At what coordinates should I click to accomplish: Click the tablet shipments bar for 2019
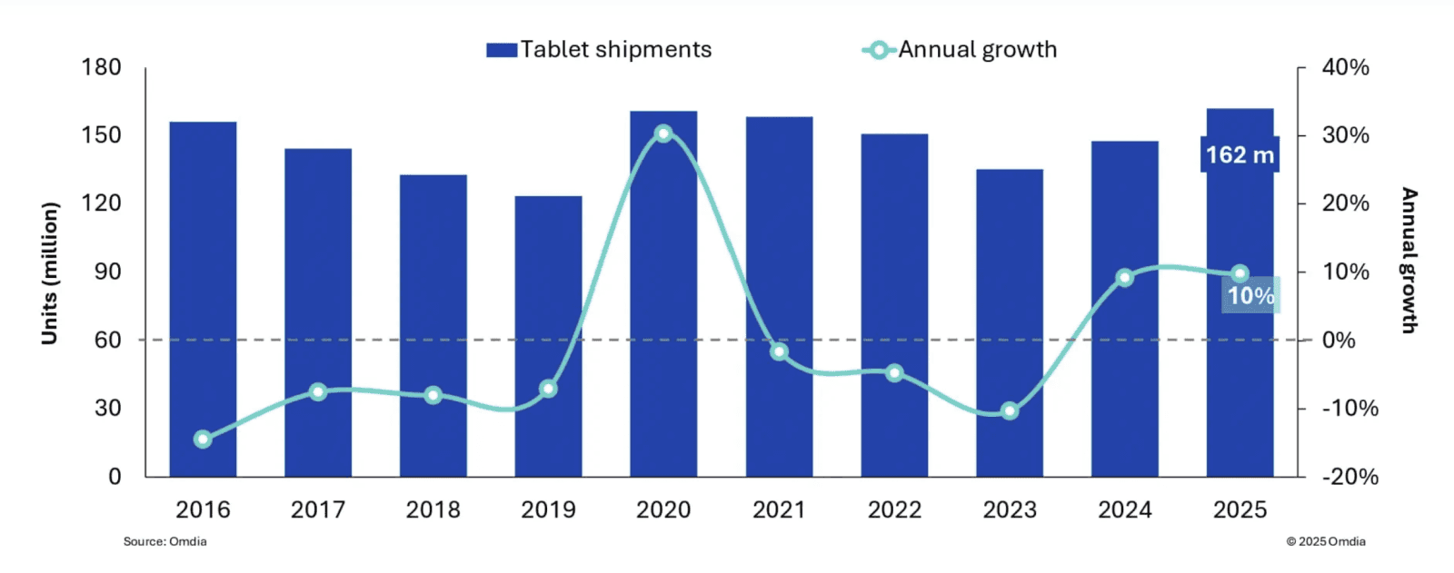[548, 336]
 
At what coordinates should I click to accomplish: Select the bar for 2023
[1010, 322]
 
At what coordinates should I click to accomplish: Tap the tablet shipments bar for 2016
[203, 299]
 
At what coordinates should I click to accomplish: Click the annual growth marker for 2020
[663, 133]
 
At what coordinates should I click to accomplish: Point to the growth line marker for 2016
[203, 440]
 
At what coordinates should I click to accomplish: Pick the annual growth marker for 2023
[1010, 411]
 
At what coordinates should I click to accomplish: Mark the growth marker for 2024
[1125, 278]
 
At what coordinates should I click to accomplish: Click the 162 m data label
[1240, 155]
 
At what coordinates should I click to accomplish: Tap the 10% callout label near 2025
[1250, 295]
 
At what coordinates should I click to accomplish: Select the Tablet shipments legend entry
[600, 50]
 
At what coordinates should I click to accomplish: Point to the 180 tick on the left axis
[101, 67]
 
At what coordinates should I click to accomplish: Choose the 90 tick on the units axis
[107, 272]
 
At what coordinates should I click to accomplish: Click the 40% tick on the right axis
[1345, 67]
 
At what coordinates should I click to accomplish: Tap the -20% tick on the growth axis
[1349, 477]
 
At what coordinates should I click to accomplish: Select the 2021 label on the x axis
[779, 510]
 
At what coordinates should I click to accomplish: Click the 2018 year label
[433, 510]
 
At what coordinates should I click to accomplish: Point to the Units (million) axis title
[50, 272]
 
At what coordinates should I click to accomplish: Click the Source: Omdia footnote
[165, 542]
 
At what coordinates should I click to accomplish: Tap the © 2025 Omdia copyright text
[1325, 542]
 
